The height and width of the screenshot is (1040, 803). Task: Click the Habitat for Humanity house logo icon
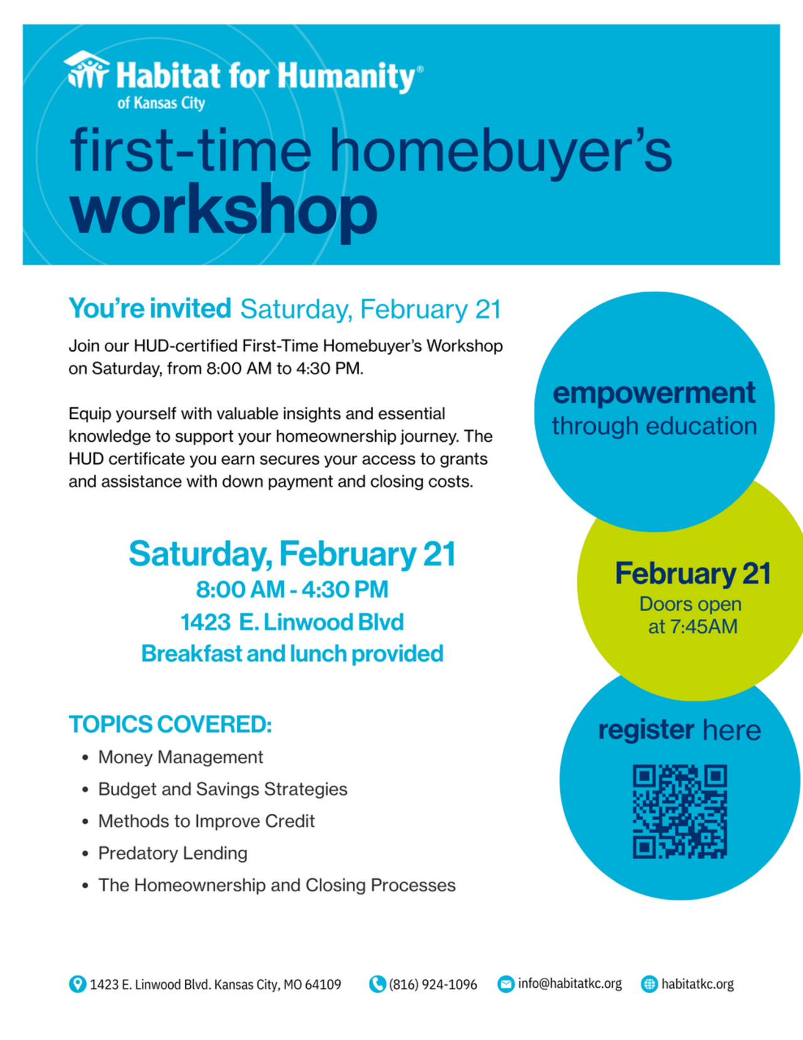(87, 70)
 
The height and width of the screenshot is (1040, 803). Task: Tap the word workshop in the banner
(223, 210)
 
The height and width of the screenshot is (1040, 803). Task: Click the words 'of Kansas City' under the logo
(161, 103)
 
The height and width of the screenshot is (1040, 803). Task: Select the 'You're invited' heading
(150, 308)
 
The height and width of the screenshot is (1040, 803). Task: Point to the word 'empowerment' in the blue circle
(654, 393)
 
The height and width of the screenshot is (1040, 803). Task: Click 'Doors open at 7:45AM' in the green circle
(691, 615)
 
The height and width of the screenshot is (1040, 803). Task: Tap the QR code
(679, 811)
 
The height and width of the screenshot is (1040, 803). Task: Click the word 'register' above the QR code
(646, 730)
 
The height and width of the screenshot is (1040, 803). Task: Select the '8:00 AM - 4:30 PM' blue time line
(292, 589)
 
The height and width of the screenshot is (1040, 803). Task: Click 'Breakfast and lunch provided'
(292, 653)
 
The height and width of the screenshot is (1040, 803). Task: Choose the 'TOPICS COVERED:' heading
(170, 724)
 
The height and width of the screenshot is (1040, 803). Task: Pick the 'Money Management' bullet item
(180, 757)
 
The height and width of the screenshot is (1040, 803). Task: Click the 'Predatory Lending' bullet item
(173, 853)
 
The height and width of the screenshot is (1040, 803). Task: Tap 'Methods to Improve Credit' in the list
(206, 821)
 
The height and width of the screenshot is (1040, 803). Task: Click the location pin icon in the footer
(77, 984)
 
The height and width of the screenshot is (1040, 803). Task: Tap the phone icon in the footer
(377, 984)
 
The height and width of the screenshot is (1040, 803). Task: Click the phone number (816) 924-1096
(433, 984)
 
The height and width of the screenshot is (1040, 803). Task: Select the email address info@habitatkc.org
(570, 984)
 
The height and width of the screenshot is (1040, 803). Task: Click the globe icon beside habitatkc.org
(649, 984)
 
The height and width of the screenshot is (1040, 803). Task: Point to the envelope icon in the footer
(506, 984)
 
